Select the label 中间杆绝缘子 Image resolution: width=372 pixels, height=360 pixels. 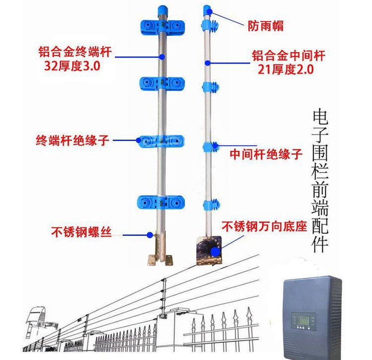click(x=265, y=154)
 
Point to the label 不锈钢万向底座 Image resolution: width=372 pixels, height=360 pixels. click(x=264, y=228)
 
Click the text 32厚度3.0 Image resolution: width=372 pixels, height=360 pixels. click(x=72, y=66)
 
